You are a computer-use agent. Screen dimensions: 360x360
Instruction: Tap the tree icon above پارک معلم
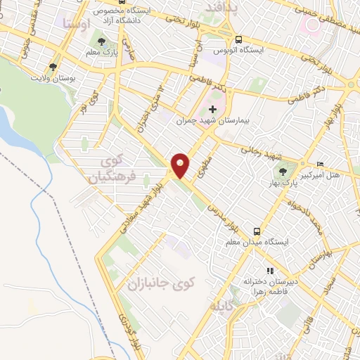(103, 41)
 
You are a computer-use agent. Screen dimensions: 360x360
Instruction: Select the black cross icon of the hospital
(212, 109)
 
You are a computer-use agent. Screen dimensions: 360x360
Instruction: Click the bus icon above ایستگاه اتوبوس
(239, 39)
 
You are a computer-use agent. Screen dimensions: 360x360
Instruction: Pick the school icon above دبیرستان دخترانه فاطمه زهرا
(269, 271)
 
